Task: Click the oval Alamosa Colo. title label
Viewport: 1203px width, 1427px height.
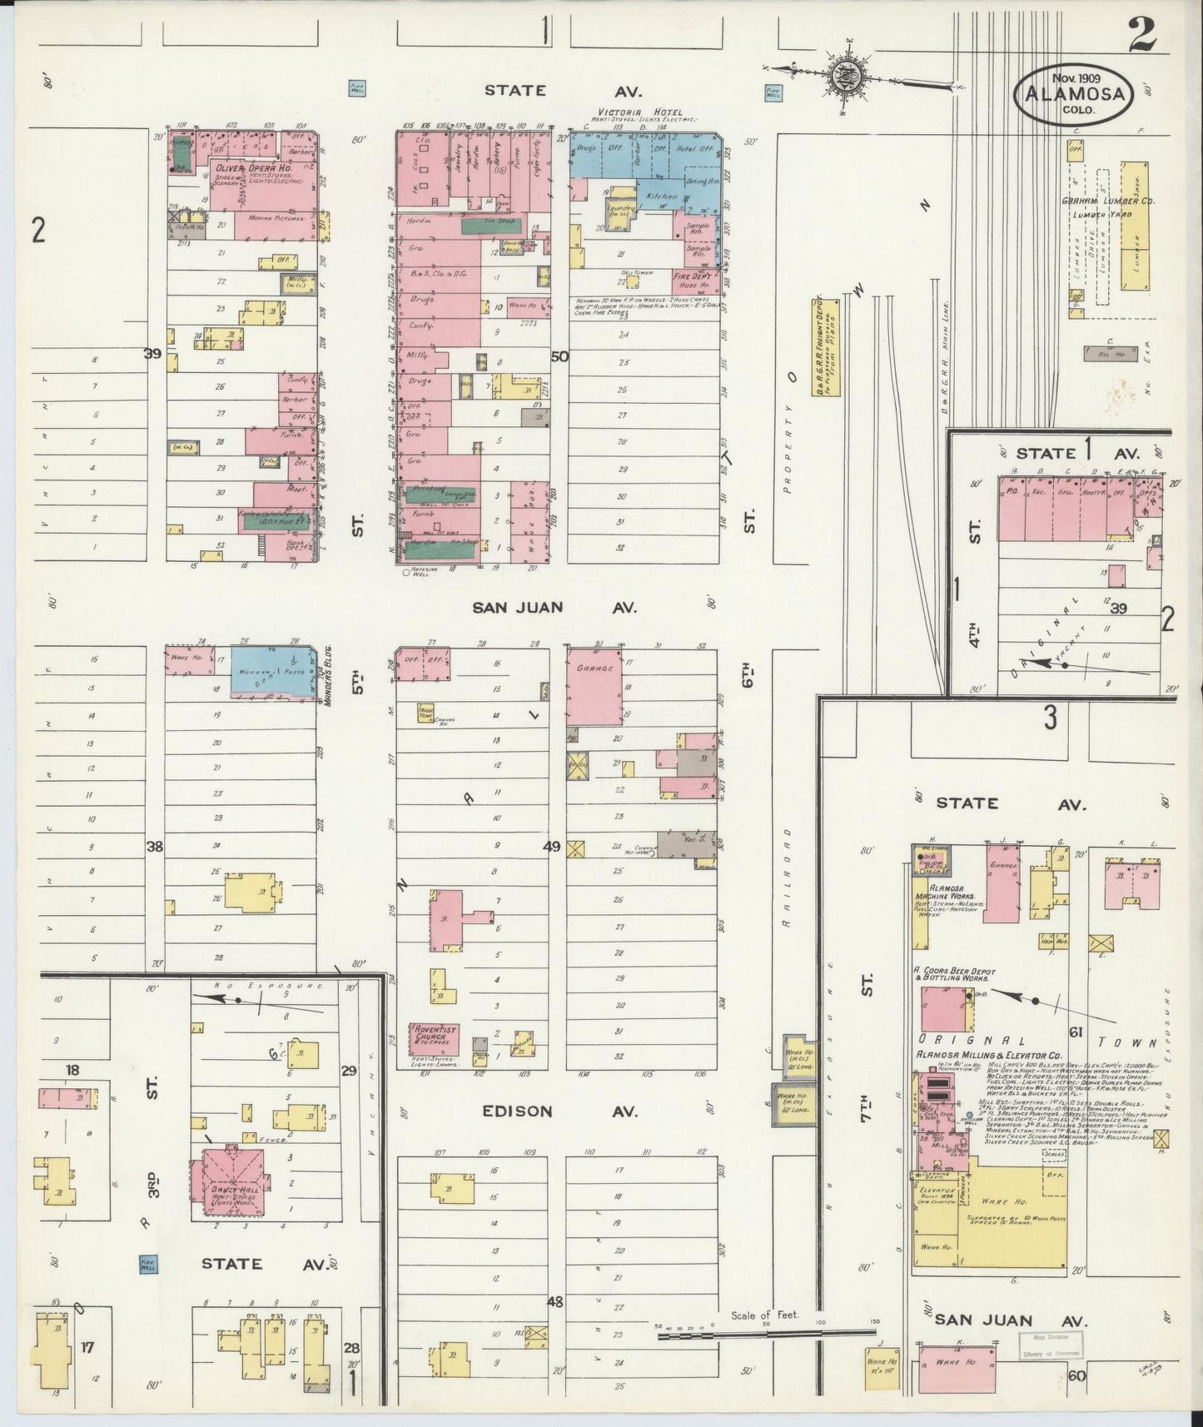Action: tap(1072, 94)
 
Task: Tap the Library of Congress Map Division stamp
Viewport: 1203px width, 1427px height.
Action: tap(1051, 1343)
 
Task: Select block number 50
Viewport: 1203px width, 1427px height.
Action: tap(559, 356)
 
